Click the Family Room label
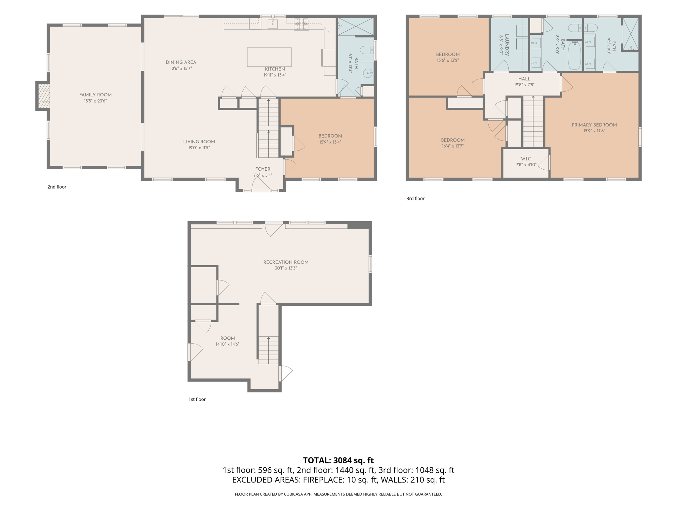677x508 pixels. [95, 95]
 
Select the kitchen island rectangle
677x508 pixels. [269, 57]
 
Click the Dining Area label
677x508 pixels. [181, 62]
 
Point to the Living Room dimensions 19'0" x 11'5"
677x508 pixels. [199, 148]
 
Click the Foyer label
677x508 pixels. [263, 169]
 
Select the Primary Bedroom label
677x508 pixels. [594, 125]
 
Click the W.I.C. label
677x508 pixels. [526, 159]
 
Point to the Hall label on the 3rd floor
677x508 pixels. [524, 79]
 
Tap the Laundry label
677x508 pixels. [507, 45]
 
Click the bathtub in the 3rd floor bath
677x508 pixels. [575, 56]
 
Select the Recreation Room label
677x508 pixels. [286, 262]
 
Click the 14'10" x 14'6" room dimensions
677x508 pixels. [227, 344]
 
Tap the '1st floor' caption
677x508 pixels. [197, 400]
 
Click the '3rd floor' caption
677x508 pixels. [416, 198]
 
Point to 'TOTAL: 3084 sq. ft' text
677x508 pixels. [338, 460]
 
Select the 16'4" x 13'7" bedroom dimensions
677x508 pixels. [453, 146]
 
